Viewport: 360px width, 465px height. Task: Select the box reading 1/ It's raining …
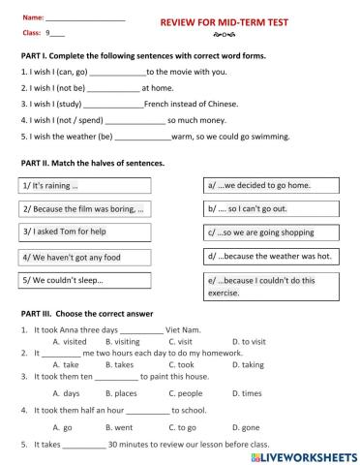(84, 185)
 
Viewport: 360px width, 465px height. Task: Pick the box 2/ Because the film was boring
(84, 208)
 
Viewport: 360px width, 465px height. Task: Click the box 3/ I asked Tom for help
(84, 232)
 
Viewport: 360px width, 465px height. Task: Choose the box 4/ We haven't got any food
(84, 257)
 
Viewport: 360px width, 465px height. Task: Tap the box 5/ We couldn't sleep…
(84, 281)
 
